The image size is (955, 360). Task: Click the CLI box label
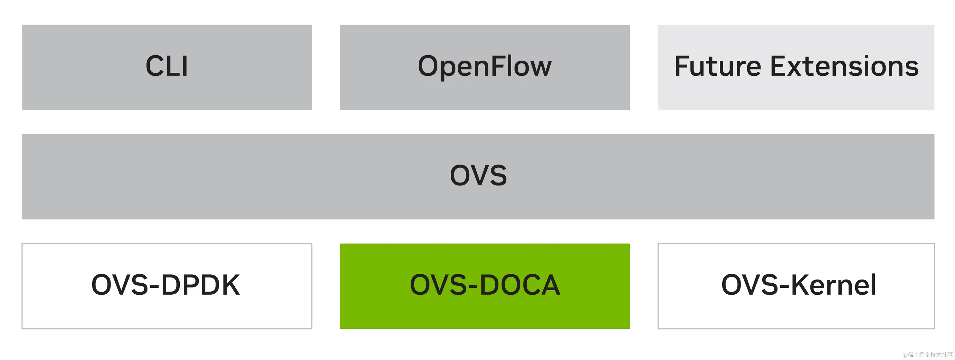tap(167, 66)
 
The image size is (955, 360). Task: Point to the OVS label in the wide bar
tap(478, 176)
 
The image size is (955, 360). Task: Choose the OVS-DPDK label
tap(166, 285)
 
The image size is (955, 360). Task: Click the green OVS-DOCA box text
tap(484, 285)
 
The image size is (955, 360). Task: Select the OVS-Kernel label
tap(799, 285)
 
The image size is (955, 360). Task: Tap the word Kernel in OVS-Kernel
tap(834, 285)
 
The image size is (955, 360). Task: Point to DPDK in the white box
tap(201, 285)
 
